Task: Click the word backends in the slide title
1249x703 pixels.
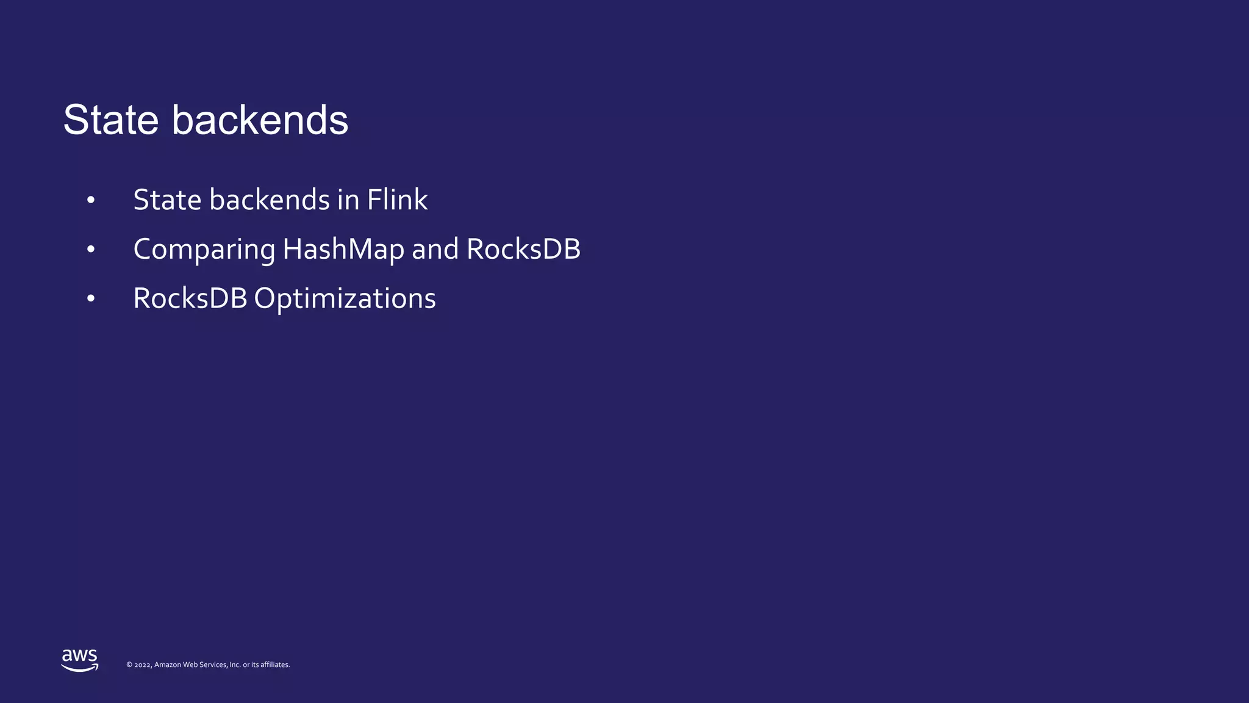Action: click(260, 120)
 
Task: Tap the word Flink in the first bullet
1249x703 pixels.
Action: click(397, 200)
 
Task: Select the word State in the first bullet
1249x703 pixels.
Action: click(166, 200)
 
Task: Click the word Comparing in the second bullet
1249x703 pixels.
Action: click(204, 250)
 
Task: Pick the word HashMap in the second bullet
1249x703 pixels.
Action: click(343, 250)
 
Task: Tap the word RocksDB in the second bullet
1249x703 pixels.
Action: click(523, 250)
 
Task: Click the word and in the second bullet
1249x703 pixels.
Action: click(435, 250)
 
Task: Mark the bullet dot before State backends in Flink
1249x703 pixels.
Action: click(91, 200)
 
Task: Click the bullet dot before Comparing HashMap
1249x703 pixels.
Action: click(91, 250)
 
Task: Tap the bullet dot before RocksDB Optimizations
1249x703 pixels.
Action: click(91, 299)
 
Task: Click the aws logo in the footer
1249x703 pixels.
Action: click(80, 660)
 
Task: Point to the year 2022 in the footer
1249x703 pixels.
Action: click(143, 665)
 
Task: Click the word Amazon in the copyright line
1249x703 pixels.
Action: click(168, 665)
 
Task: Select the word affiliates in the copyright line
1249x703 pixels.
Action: click(274, 665)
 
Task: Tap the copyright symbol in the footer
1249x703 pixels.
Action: click(129, 665)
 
